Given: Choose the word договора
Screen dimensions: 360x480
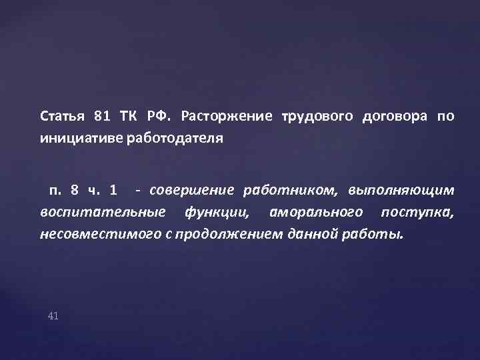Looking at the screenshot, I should pyautogui.click(x=394, y=117).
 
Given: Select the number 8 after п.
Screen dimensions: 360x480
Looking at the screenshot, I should pyautogui.click(x=74, y=190).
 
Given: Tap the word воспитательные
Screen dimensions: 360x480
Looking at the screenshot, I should pyautogui.click(x=103, y=213).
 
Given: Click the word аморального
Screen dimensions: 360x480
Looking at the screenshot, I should pyautogui.click(x=316, y=213).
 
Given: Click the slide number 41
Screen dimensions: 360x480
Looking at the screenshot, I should pyautogui.click(x=53, y=315).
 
